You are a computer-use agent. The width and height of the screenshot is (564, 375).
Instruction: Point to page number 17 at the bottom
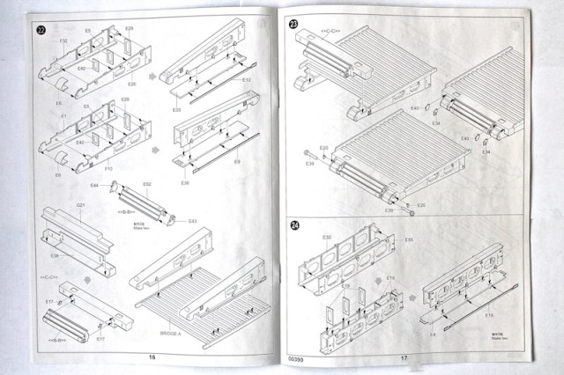click(403, 357)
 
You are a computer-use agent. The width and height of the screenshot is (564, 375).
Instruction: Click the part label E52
click(147, 184)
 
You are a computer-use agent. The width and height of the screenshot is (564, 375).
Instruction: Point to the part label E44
click(94, 186)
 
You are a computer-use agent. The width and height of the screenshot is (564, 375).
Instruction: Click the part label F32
click(63, 41)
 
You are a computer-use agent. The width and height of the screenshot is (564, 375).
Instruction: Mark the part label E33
click(246, 80)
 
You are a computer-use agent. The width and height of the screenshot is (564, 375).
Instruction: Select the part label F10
click(108, 166)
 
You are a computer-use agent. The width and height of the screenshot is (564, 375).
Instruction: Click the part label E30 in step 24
click(327, 237)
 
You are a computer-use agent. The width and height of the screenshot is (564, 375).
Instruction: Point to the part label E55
click(408, 239)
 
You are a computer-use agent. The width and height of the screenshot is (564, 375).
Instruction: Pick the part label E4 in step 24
click(433, 335)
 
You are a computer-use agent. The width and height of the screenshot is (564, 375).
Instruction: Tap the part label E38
click(185, 182)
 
